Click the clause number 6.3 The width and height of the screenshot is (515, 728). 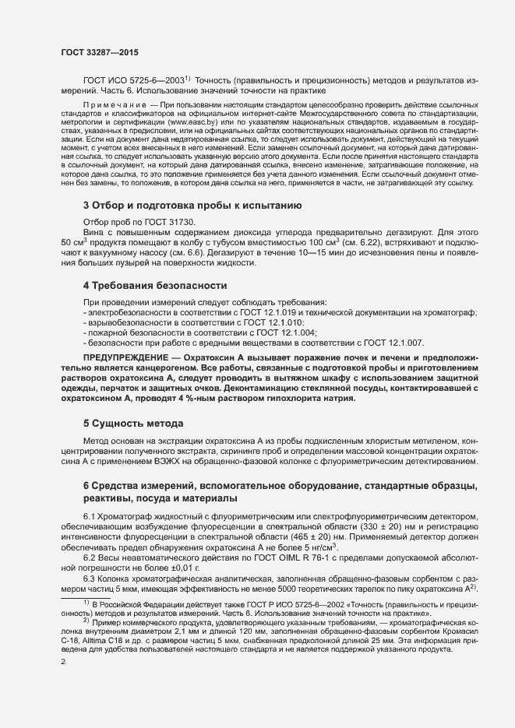coord(91,579)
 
